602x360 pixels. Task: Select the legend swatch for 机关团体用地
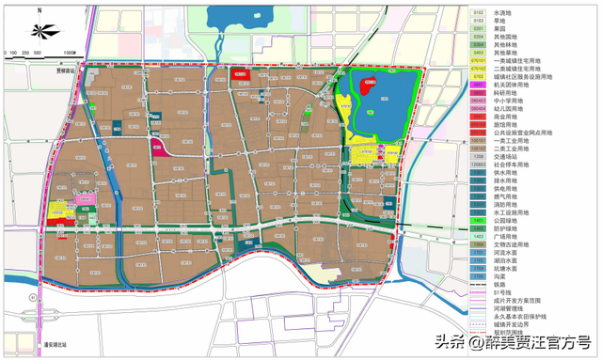tap(478, 85)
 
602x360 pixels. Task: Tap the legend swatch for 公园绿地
tap(478, 218)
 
